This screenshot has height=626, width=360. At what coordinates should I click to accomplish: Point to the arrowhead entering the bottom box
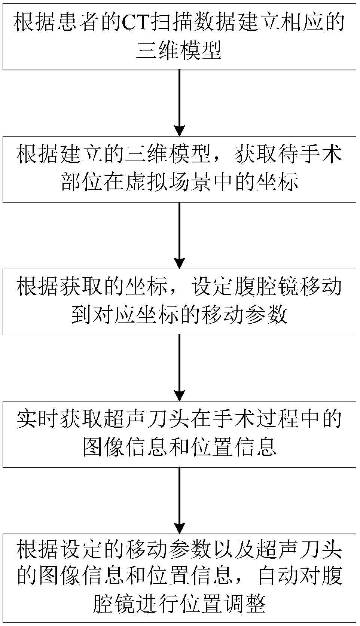click(x=180, y=528)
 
